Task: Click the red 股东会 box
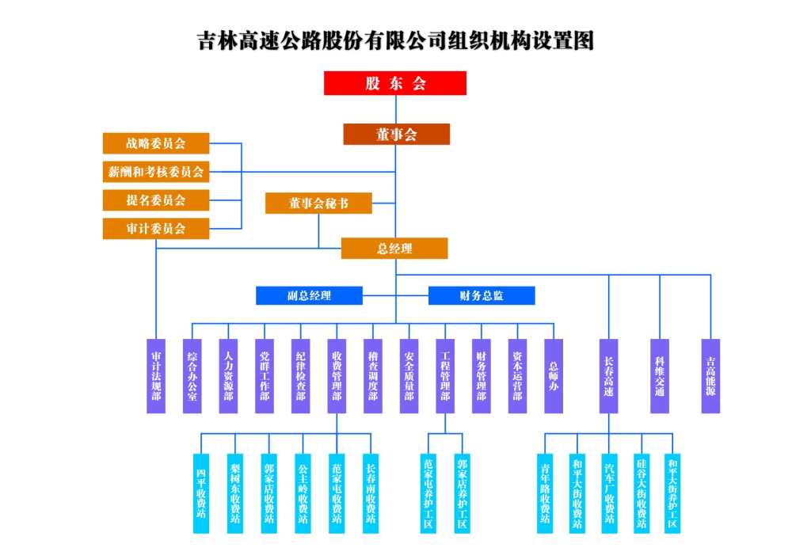394,83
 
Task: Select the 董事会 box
396,135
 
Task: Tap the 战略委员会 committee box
156,143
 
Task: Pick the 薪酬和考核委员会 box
156,171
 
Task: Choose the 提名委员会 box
156,200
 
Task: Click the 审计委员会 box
156,228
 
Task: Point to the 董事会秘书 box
318,203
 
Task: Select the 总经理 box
394,249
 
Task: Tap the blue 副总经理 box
309,295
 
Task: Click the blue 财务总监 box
482,295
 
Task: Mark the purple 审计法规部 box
157,375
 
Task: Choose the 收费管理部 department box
337,375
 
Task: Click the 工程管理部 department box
445,375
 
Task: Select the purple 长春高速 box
608,375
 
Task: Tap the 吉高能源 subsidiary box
710,375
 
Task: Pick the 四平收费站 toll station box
201,492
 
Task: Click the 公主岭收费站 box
303,492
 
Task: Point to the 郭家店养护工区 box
463,492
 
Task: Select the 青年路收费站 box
545,492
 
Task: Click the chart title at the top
395,40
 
